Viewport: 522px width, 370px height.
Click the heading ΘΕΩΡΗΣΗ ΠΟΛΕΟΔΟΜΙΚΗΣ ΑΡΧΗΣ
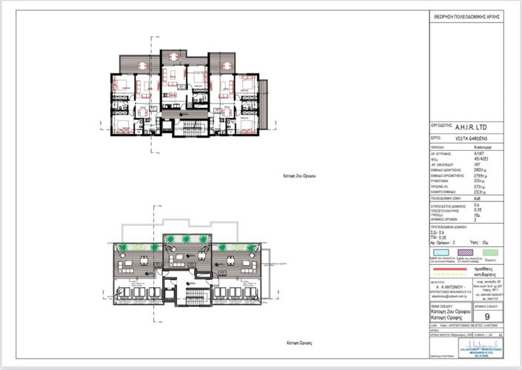click(471, 15)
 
